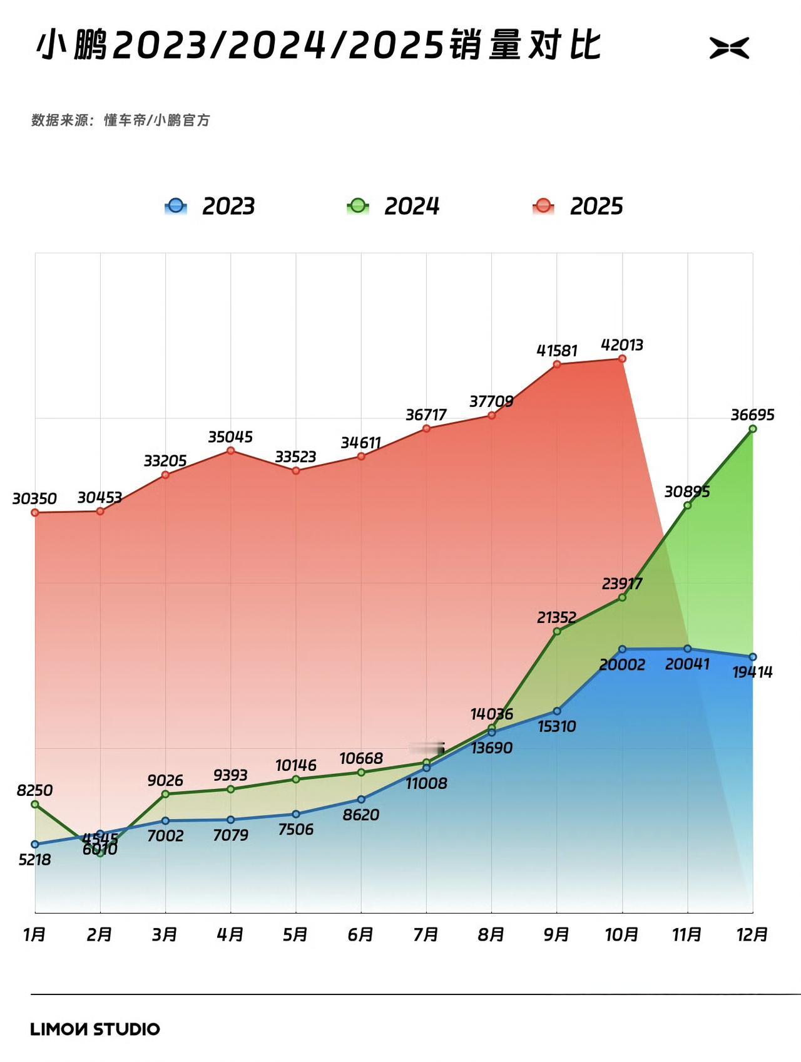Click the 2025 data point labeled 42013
[622, 359]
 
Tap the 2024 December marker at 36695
[753, 429]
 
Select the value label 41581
[557, 351]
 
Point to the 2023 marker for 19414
[753, 657]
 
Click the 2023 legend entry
[210, 206]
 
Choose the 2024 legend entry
[394, 206]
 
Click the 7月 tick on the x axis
[426, 934]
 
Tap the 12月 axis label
[752, 934]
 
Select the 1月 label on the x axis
[34, 934]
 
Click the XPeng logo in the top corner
[729, 48]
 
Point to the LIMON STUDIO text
[95, 1029]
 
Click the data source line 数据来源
[121, 120]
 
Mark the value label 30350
[34, 499]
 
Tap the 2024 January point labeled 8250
[35, 804]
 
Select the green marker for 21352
[557, 631]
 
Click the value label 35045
[230, 437]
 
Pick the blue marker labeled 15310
[557, 711]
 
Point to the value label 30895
[687, 492]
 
